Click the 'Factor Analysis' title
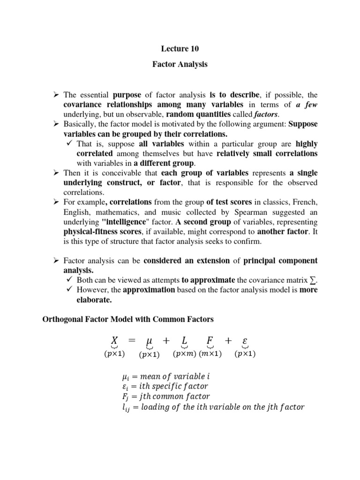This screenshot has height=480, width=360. [x=180, y=64]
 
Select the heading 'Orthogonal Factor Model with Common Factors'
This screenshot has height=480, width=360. [x=128, y=319]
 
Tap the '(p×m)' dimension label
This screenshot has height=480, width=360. [x=184, y=354]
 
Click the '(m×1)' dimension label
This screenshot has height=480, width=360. [x=210, y=354]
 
